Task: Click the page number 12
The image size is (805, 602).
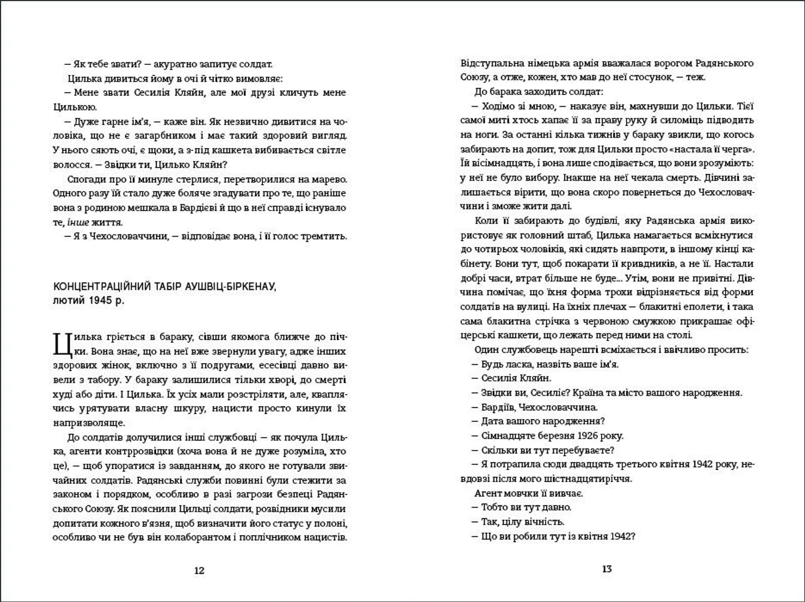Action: [x=199, y=570]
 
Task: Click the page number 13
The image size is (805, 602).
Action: [x=607, y=568]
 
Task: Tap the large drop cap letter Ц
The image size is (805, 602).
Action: [x=61, y=344]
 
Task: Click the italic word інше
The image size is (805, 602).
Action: [x=78, y=222]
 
